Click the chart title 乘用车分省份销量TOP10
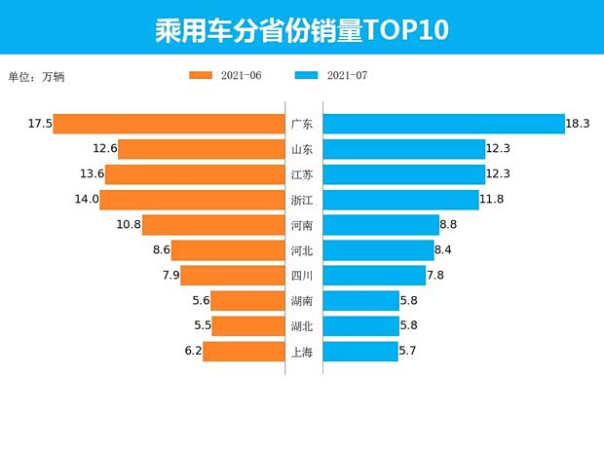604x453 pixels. (301, 29)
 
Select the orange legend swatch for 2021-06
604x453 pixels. (202, 75)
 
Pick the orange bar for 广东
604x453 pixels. (169, 124)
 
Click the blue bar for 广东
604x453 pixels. (443, 124)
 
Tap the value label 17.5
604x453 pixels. (40, 124)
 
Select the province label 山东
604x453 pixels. (302, 149)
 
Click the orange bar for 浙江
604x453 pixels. (192, 200)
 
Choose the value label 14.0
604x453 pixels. (87, 200)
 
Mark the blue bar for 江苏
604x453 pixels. (403, 174)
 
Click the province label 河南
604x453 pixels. (302, 225)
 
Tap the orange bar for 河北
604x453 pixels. (228, 250)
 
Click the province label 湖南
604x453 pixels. (302, 301)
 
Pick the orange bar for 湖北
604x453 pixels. (247, 326)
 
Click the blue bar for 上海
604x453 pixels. (359, 352)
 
